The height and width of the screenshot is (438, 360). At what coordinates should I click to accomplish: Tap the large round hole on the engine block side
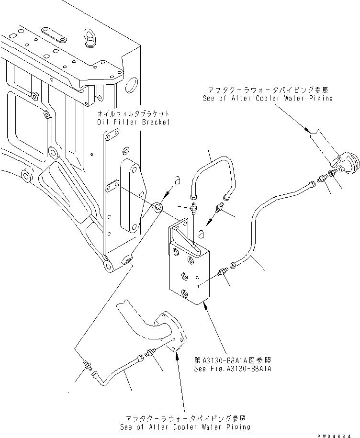pos(130,87)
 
